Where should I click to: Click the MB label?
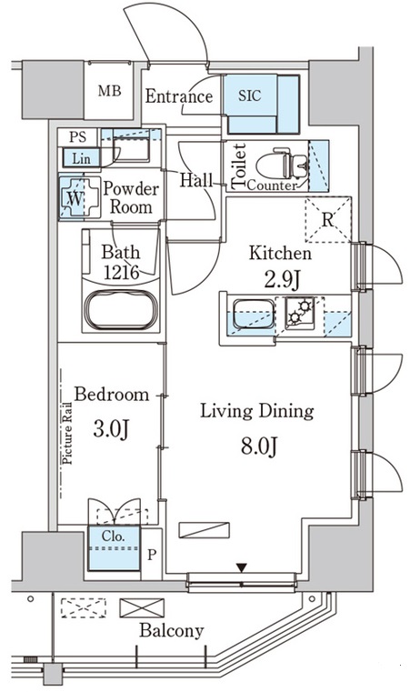pyautogui.click(x=109, y=91)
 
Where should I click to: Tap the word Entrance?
pyautogui.click(x=179, y=96)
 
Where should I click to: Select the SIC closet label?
pyautogui.click(x=250, y=95)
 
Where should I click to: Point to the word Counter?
pyautogui.click(x=272, y=186)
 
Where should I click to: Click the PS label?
pyautogui.click(x=77, y=136)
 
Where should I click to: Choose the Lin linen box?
pyautogui.click(x=81, y=158)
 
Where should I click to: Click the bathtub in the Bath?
pyautogui.click(x=122, y=310)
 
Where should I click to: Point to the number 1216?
pyautogui.click(x=122, y=272)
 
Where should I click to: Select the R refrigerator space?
pyautogui.click(x=328, y=220)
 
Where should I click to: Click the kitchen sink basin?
pyautogui.click(x=254, y=314)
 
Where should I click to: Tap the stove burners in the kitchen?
pyautogui.click(x=300, y=312)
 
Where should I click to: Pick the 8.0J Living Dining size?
pyautogui.click(x=259, y=446)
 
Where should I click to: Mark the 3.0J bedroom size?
pyautogui.click(x=111, y=429)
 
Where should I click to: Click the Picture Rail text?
pyautogui.click(x=68, y=433)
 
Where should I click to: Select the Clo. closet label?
pyautogui.click(x=114, y=537)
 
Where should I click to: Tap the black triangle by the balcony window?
pyautogui.click(x=241, y=567)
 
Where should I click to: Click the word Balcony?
pyautogui.click(x=172, y=631)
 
